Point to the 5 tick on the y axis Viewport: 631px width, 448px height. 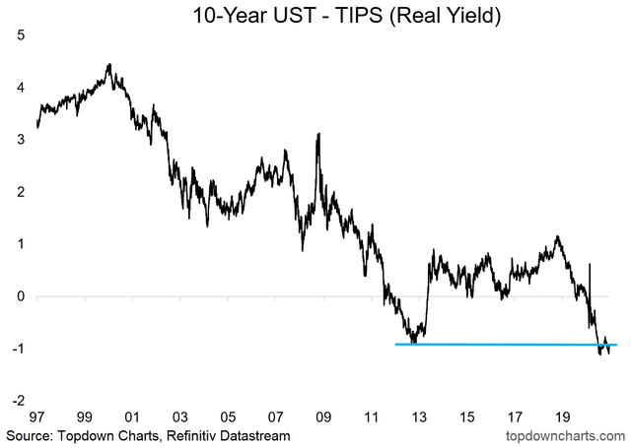click(21, 35)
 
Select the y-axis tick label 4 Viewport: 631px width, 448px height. click(21, 88)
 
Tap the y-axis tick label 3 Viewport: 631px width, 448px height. click(21, 140)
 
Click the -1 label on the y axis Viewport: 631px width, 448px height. click(18, 349)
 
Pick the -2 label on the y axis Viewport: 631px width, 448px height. click(18, 401)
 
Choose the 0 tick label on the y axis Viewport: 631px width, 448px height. click(21, 296)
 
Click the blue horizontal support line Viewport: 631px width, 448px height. click(493, 345)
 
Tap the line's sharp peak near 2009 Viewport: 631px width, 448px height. click(317, 134)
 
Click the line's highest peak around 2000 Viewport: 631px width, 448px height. click(108, 65)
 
